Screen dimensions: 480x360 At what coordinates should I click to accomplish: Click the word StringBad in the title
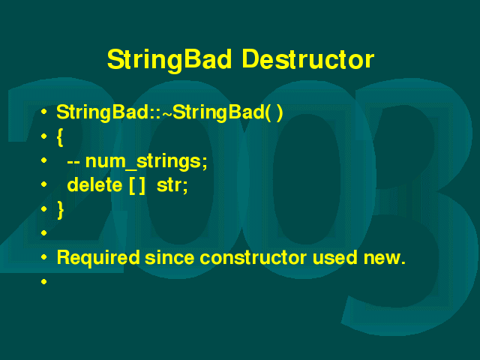point(169,60)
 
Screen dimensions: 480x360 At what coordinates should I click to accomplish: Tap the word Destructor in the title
point(308,59)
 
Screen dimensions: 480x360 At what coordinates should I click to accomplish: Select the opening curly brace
point(60,137)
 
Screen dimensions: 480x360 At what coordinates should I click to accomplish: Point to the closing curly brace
point(60,210)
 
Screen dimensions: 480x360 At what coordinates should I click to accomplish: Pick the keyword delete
point(94,185)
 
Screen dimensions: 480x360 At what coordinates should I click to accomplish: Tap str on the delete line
point(170,185)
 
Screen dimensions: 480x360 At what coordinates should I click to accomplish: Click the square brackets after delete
point(136,185)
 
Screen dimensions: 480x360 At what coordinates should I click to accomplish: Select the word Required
point(98,258)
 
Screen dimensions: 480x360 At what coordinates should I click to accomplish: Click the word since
point(169,258)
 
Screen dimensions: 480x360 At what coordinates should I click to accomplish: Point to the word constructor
point(253,258)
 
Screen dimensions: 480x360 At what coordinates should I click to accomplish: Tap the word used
point(335,257)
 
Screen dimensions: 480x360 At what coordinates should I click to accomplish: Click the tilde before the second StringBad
point(167,113)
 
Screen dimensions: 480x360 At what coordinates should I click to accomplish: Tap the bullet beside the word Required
point(43,257)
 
